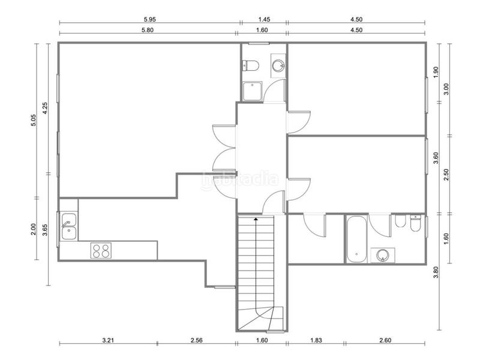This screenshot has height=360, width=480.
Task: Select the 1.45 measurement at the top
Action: coord(263,19)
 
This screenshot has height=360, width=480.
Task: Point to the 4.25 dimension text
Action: coord(45,109)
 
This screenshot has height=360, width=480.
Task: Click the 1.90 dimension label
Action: coord(436,71)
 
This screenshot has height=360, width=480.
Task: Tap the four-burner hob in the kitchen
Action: coord(101,250)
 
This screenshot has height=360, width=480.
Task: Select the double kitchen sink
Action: coord(68,226)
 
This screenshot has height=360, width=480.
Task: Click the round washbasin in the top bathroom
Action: coord(278,64)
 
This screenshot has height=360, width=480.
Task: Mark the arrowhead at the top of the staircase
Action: coord(256,220)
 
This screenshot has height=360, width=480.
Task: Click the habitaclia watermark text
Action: coord(240,178)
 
